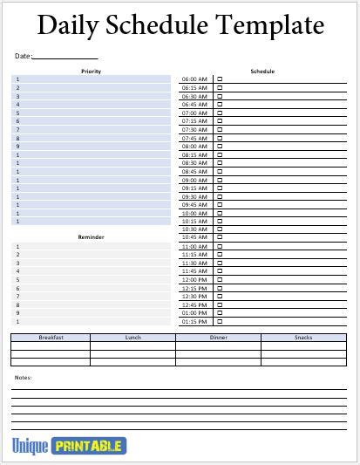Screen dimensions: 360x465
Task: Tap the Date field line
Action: [65, 57]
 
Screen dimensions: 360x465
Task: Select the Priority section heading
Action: [91, 71]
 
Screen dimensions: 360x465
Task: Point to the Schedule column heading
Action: [262, 71]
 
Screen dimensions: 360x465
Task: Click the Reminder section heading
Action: [91, 237]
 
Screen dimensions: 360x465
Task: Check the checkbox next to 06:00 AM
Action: [220, 79]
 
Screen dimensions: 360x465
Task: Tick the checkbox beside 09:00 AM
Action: [220, 180]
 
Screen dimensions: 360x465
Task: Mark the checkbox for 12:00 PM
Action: [220, 279]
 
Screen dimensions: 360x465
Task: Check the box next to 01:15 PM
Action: [220, 321]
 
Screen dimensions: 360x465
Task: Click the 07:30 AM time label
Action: [194, 129]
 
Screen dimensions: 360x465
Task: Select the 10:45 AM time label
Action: [194, 237]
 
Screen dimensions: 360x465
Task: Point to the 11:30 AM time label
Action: [194, 263]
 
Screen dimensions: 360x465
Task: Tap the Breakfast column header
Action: [51, 337]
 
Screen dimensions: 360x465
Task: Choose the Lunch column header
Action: [133, 337]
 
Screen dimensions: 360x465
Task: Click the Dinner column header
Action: [219, 337]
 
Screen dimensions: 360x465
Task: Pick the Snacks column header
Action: [303, 337]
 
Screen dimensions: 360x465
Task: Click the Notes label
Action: [24, 377]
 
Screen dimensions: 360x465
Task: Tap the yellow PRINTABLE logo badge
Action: [89, 447]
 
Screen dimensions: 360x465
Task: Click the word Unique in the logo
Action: [30, 447]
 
